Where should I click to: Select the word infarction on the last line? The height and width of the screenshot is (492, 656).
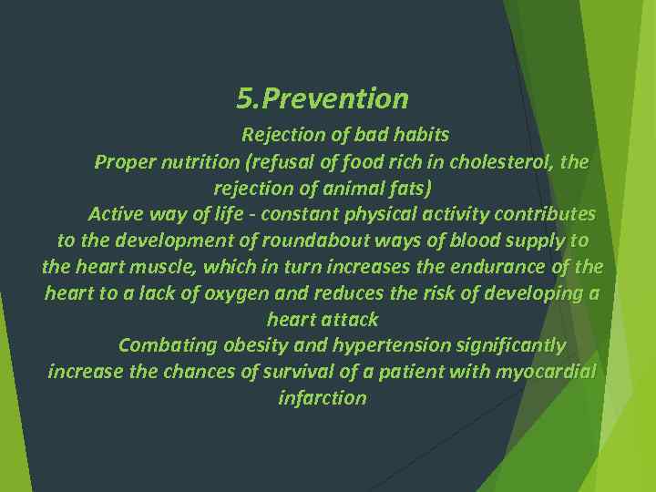coord(323,399)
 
